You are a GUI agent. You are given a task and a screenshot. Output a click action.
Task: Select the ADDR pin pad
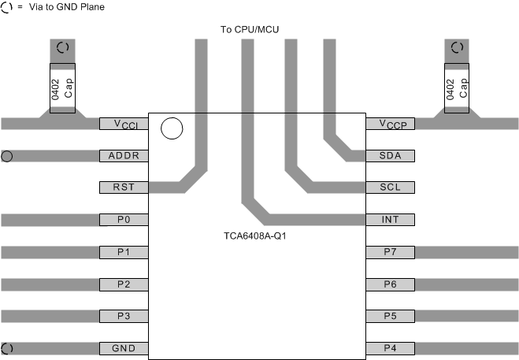pos(124,156)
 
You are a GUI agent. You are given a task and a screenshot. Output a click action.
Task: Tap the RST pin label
pos(124,187)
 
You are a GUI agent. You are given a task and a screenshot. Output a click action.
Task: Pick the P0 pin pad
pos(124,220)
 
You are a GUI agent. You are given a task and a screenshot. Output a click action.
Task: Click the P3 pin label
pos(124,316)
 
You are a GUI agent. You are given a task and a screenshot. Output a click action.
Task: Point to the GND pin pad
pos(124,348)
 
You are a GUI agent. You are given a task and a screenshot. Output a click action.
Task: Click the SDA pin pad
pos(390,156)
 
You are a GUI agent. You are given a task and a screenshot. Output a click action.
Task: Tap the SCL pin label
pos(390,187)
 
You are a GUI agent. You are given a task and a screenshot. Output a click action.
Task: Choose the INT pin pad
pos(390,220)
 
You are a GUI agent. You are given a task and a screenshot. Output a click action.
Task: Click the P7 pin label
pos(390,252)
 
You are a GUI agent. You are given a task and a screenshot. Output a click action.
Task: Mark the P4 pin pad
pos(390,348)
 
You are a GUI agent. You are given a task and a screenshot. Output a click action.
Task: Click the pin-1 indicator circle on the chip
pos(171,128)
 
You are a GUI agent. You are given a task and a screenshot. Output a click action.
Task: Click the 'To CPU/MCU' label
pos(250,30)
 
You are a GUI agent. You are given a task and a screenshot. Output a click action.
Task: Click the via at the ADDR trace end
pos(7,156)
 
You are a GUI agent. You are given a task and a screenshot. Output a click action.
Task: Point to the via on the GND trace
pos(7,348)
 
